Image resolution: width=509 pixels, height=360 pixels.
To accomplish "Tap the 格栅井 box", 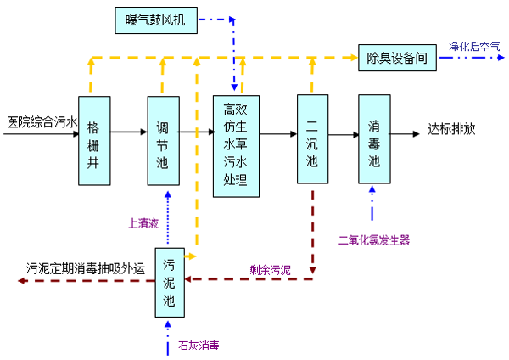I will click(94, 141).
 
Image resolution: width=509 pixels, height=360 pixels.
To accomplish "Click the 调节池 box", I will click(163, 141).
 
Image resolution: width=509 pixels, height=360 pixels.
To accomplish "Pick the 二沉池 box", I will click(312, 138).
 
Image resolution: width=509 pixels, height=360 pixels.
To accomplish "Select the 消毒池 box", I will click(374, 138).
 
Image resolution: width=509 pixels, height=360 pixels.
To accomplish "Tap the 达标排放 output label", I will click(451, 130).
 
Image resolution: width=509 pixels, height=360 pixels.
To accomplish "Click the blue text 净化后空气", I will click(474, 46).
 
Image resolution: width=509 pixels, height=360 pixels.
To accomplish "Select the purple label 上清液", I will click(143, 224).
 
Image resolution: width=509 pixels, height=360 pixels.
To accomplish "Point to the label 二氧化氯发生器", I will click(373, 240).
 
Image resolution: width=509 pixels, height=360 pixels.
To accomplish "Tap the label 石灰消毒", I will click(199, 346).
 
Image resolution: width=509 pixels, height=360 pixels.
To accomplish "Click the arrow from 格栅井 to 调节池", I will click(129, 132).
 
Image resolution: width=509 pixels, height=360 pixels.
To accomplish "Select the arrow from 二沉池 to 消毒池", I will click(343, 133).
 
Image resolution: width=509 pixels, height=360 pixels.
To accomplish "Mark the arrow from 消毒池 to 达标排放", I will click(409, 133).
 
